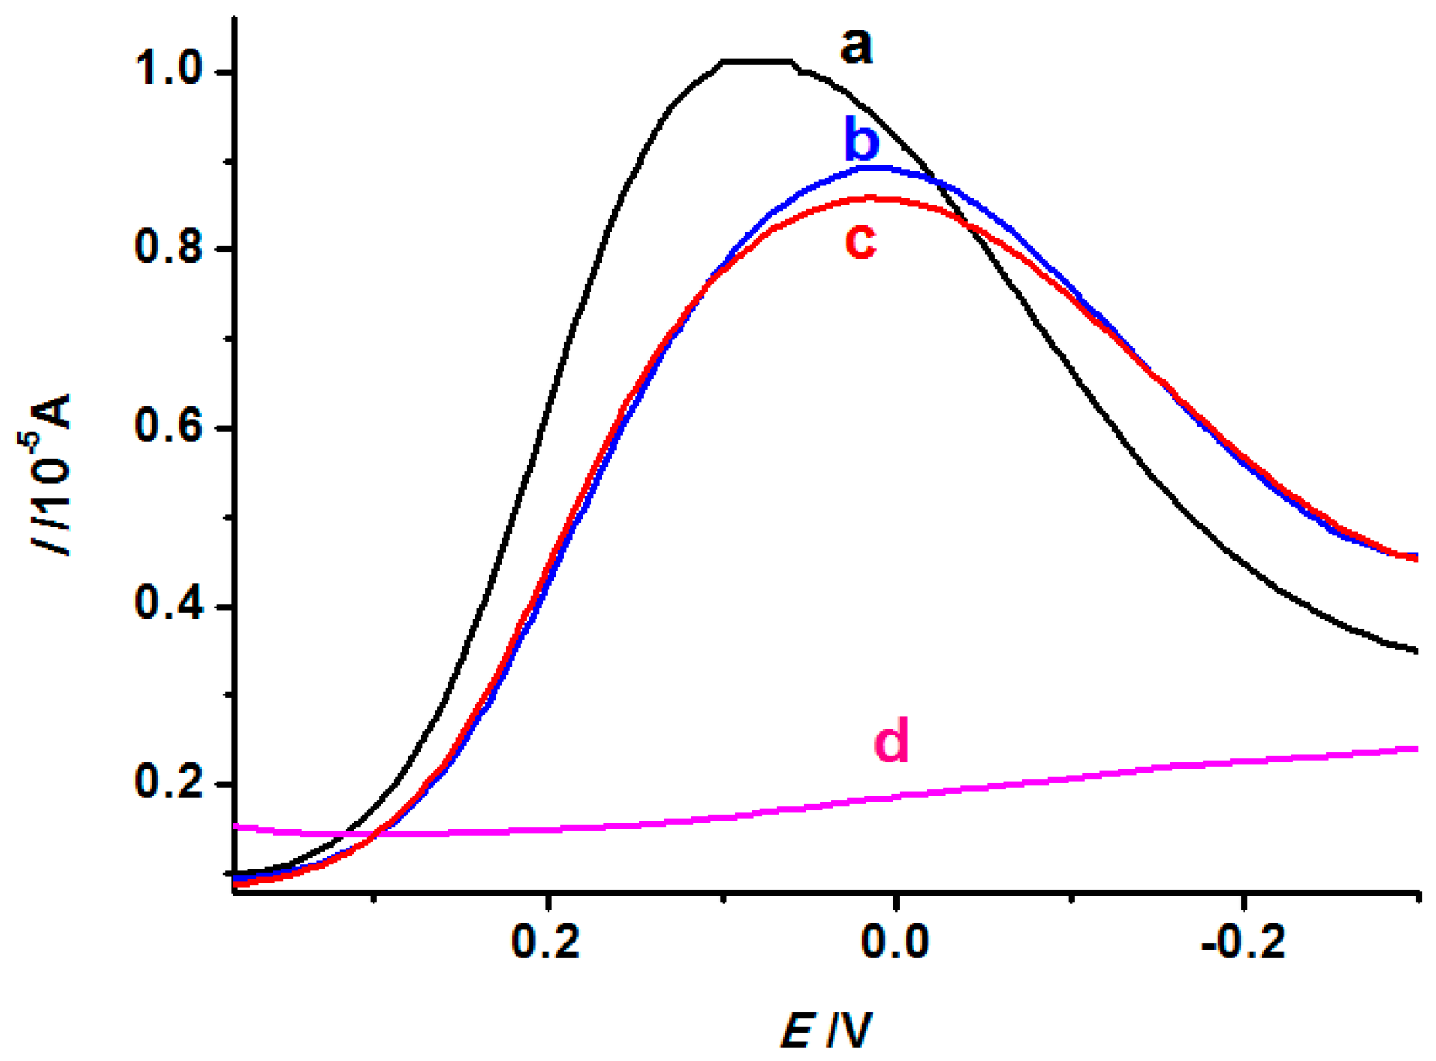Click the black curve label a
point(856,47)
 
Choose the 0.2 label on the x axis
point(547,943)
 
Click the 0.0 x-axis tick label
point(895,943)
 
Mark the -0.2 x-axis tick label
point(1244,943)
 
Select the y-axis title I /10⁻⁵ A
point(52,474)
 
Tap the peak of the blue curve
point(880,166)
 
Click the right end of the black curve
point(1417,650)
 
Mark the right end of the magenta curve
point(1417,749)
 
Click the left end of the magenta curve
point(237,827)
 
